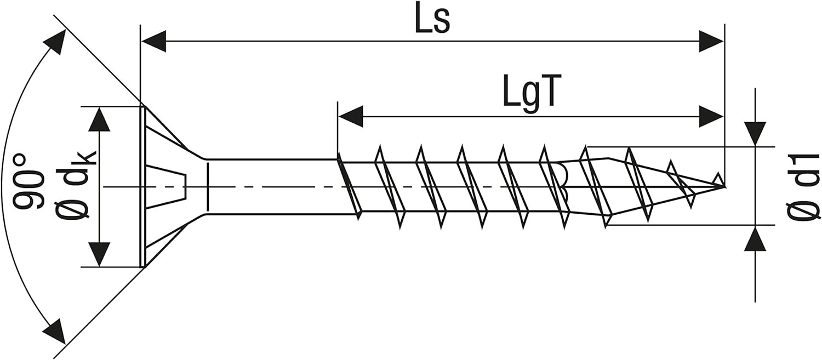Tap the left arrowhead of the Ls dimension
click(154, 41)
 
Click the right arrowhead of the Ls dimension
click(711, 41)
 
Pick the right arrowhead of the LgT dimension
click(711, 117)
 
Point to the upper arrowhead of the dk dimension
click(99, 119)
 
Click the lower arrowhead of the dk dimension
click(99, 254)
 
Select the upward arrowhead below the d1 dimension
click(755, 238)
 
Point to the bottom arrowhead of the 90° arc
click(55, 332)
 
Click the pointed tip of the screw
click(724, 186)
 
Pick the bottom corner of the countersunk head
click(143, 267)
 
